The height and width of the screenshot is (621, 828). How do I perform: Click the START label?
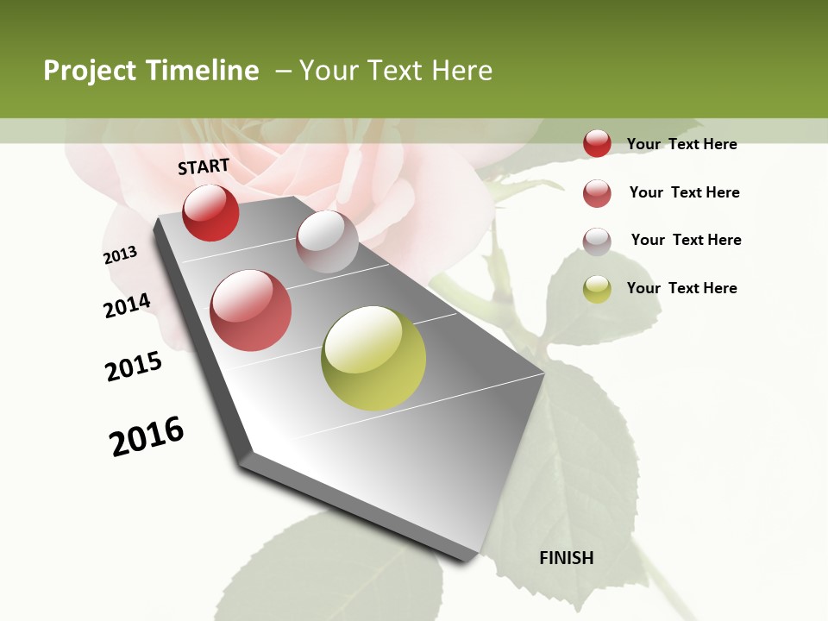click(x=204, y=166)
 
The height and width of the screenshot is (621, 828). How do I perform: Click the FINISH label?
click(x=567, y=558)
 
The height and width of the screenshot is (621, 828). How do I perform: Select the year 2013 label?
click(x=120, y=255)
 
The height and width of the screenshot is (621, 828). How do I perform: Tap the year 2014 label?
click(x=127, y=305)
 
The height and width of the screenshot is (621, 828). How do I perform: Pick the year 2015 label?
click(x=134, y=367)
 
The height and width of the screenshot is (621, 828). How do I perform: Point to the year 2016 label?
click(x=147, y=436)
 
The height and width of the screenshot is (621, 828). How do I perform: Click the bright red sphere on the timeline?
click(x=210, y=212)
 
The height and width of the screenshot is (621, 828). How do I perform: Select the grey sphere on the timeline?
click(x=327, y=241)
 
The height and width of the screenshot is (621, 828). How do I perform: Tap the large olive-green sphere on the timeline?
click(x=373, y=358)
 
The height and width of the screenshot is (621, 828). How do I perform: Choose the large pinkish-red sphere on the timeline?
click(x=251, y=310)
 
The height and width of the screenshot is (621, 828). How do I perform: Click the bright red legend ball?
click(x=597, y=143)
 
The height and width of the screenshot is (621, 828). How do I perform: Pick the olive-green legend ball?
click(x=597, y=288)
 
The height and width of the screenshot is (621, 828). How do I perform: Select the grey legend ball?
click(x=597, y=241)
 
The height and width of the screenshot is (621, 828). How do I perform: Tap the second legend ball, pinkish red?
click(x=597, y=192)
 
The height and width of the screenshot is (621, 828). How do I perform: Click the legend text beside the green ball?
click(x=681, y=288)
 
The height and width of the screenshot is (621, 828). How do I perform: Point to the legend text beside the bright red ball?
click(x=681, y=144)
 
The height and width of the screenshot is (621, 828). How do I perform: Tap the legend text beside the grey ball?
click(x=686, y=240)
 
